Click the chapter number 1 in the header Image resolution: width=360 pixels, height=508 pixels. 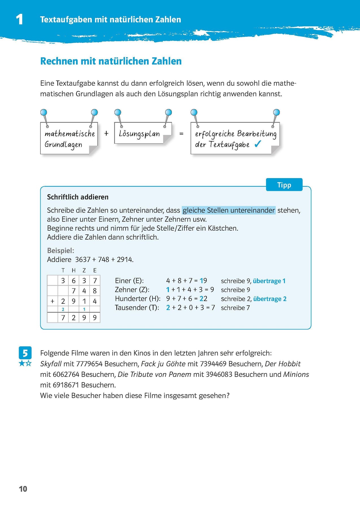(x=19, y=19)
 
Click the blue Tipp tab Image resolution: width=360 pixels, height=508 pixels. (x=284, y=185)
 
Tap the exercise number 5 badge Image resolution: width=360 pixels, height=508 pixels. (x=25, y=353)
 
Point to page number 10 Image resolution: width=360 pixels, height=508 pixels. (x=23, y=489)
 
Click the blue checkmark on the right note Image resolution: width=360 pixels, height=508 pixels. (x=258, y=144)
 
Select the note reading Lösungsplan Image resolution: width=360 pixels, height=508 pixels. (x=139, y=134)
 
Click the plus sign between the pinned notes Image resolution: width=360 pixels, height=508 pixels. (x=106, y=133)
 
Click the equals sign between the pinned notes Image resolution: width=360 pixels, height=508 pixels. (x=181, y=133)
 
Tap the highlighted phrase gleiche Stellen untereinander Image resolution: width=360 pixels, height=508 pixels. (x=228, y=210)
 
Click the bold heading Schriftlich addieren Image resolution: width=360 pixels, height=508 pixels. (x=78, y=197)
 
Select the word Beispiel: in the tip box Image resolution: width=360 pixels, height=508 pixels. (x=60, y=250)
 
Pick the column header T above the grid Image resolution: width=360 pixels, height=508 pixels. (x=63, y=270)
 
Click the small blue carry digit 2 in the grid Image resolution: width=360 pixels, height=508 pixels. (x=63, y=309)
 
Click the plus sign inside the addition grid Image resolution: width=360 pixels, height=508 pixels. (x=53, y=301)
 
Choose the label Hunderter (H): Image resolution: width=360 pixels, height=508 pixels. (x=138, y=299)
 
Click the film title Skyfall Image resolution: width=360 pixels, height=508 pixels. (x=51, y=364)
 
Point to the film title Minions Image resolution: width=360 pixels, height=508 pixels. (x=296, y=375)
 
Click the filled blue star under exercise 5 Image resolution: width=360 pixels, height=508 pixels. (x=22, y=364)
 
